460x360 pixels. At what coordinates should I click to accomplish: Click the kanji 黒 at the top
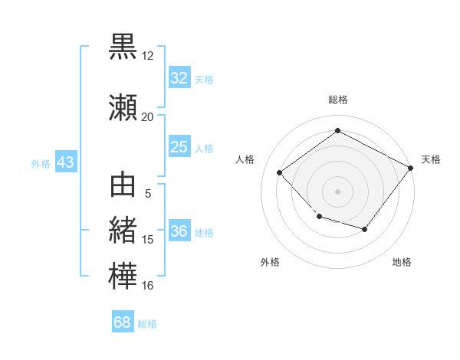coord(123,47)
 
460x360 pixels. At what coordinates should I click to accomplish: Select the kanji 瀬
coord(123,107)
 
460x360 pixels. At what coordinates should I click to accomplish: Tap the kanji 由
coord(123,185)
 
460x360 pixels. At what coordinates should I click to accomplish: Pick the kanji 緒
coord(123,230)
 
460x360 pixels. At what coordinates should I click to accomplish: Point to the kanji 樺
coord(123,276)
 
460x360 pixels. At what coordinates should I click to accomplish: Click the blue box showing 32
coord(179,77)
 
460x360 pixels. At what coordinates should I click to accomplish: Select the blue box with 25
coord(179,146)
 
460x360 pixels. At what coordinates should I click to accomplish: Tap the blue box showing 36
coord(179,230)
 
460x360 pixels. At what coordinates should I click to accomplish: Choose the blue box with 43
coord(66,162)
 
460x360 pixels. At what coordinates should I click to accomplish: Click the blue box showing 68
coord(123,321)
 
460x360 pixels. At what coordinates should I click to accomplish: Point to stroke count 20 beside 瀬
coord(147,117)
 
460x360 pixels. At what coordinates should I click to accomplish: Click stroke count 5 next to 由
coord(148,194)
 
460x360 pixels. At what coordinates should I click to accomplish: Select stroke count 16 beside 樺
coord(147,285)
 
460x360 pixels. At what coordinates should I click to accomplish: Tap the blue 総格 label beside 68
coord(147,324)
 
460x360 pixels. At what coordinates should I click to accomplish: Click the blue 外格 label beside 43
coord(41,164)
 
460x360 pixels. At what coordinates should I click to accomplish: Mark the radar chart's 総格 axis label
coord(338,100)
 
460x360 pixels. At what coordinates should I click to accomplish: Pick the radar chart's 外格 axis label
coord(270,262)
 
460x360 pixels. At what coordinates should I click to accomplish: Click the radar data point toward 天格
coord(410,168)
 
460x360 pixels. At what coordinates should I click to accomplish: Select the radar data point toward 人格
coord(279,172)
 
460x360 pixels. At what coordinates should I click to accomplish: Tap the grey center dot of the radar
coord(337,191)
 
